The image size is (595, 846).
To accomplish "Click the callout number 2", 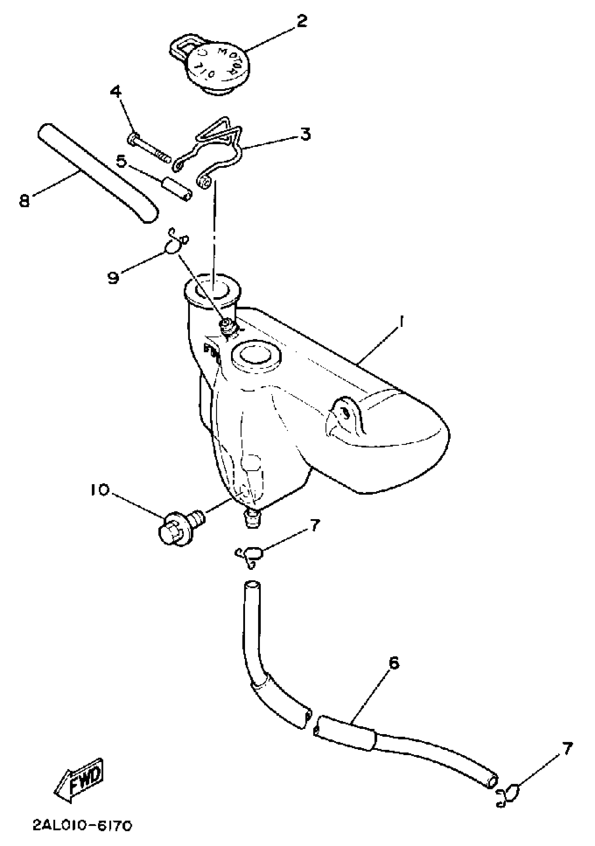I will [x=301, y=22].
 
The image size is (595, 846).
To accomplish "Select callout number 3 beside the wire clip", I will [x=305, y=134].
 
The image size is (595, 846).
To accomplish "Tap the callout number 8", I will [x=24, y=201].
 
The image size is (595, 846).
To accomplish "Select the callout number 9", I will [x=114, y=277].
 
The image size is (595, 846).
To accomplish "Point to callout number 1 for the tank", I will [x=401, y=322].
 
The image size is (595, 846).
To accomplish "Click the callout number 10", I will [x=98, y=490].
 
